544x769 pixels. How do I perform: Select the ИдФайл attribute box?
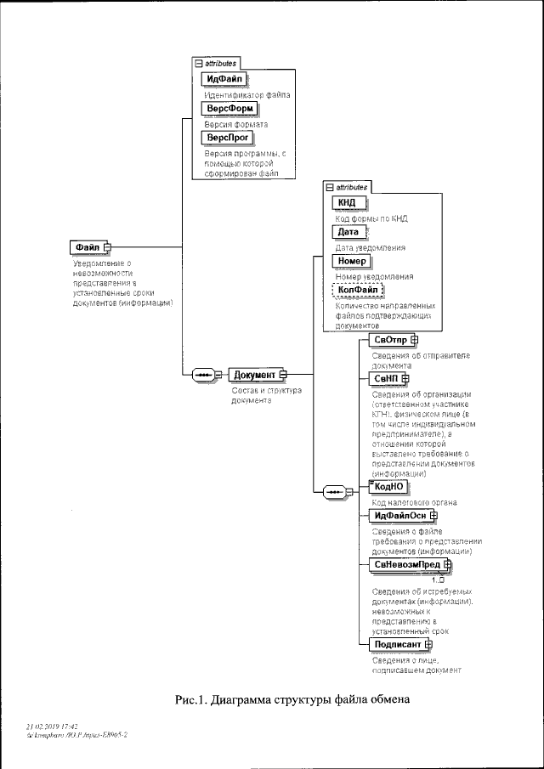(224, 80)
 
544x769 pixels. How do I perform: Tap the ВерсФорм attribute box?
(227, 109)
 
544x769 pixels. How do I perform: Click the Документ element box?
(256, 375)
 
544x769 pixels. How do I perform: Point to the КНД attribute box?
(347, 202)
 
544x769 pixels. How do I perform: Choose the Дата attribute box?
(348, 231)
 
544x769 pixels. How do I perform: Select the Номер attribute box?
(351, 261)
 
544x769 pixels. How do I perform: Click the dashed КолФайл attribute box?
(357, 290)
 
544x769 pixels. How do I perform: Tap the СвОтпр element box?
(392, 340)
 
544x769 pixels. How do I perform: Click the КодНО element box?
(388, 486)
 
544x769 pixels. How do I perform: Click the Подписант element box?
(398, 644)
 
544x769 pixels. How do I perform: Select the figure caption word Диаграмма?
(239, 700)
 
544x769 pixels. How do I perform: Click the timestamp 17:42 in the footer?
(68, 727)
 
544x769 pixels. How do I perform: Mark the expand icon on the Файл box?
(108, 247)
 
